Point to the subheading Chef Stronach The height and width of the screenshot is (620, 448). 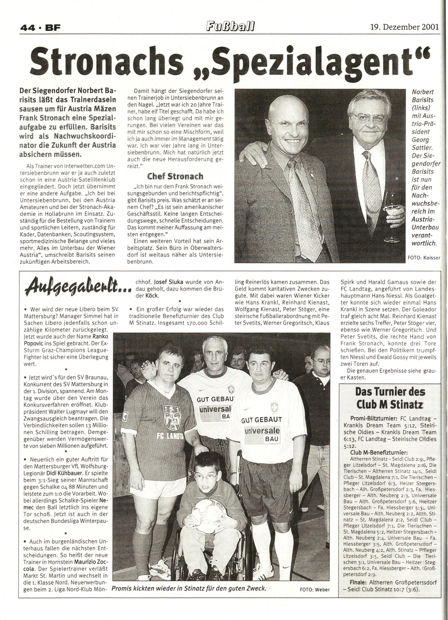click(x=175, y=176)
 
